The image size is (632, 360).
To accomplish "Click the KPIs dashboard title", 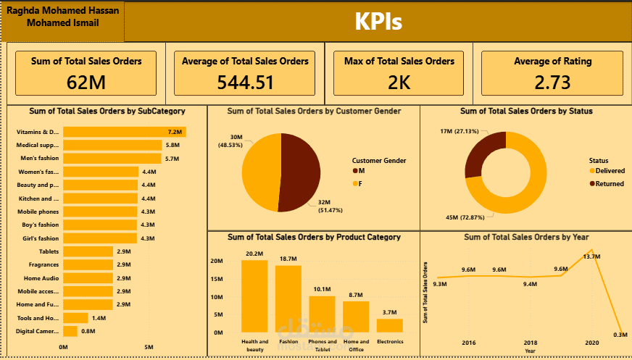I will pyautogui.click(x=378, y=22).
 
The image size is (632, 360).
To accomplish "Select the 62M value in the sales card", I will pyautogui.click(x=86, y=83).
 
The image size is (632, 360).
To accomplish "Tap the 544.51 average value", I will pyautogui.click(x=246, y=83).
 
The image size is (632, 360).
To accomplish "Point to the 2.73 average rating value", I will pyautogui.click(x=552, y=83).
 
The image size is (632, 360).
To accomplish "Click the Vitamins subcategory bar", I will pyautogui.click(x=124, y=132).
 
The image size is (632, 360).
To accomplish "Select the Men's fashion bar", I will pyautogui.click(x=112, y=158).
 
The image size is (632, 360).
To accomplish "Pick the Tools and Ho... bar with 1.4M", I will pyautogui.click(x=75, y=318).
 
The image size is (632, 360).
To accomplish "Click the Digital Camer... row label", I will pyautogui.click(x=38, y=331).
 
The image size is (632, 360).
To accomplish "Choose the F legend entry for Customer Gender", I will pyautogui.click(x=361, y=184).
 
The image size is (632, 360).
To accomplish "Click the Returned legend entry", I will pyautogui.click(x=607, y=184).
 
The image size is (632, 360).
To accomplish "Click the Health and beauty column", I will pyautogui.click(x=254, y=296).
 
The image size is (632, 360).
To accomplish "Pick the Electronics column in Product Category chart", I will pyautogui.click(x=389, y=325).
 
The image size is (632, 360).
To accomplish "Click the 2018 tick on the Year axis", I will pyautogui.click(x=531, y=342).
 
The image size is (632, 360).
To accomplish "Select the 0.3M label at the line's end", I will pyautogui.click(x=620, y=335).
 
